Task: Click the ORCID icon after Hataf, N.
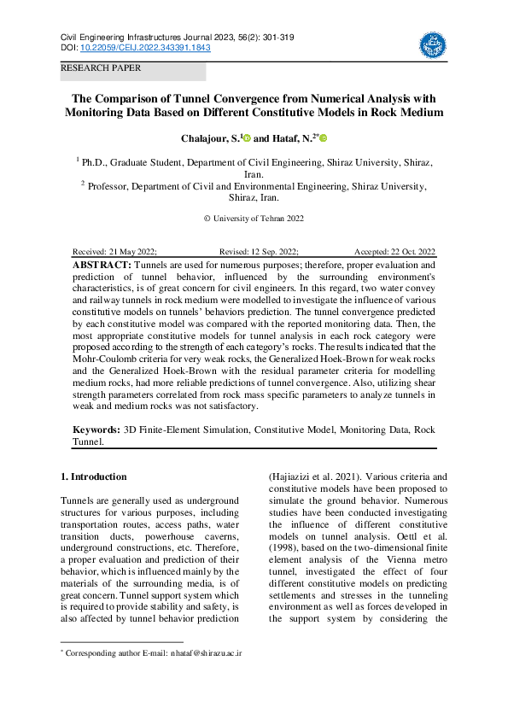click(x=324, y=137)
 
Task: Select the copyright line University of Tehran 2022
click(x=254, y=219)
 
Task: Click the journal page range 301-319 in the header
click(x=254, y=38)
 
